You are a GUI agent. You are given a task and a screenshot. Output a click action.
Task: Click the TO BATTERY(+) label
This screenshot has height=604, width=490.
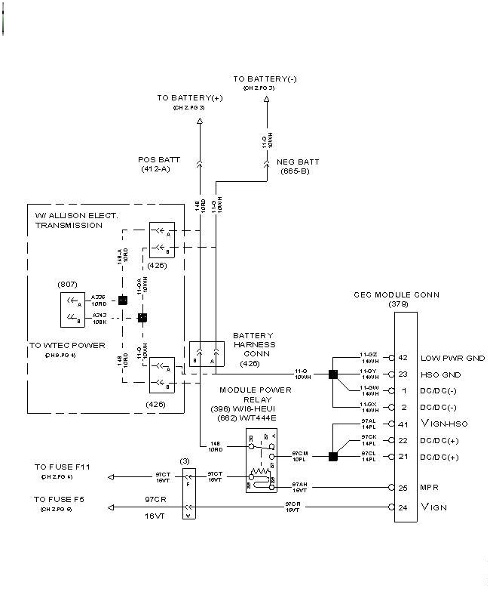tap(191, 98)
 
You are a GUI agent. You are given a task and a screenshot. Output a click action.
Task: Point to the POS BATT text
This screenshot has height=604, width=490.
tap(160, 160)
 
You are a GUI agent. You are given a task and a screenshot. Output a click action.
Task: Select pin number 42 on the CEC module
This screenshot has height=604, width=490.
tap(403, 357)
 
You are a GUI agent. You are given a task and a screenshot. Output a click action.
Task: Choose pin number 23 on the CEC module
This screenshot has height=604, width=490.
tap(403, 374)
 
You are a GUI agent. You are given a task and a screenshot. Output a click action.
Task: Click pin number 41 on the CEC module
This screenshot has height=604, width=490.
tap(403, 424)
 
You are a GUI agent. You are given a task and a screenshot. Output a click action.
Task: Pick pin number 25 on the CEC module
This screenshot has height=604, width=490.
tap(403, 488)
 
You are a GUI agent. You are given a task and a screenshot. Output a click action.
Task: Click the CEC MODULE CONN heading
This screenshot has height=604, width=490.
tap(397, 294)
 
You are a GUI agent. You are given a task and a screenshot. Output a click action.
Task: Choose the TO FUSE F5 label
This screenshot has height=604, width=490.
tap(60, 500)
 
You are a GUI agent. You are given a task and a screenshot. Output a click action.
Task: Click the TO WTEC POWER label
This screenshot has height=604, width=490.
tap(68, 345)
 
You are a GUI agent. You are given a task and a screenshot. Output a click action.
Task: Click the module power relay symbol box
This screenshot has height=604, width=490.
tap(261, 461)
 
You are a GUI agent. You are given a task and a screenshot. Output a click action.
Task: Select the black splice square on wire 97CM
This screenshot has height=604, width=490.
tap(332, 456)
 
